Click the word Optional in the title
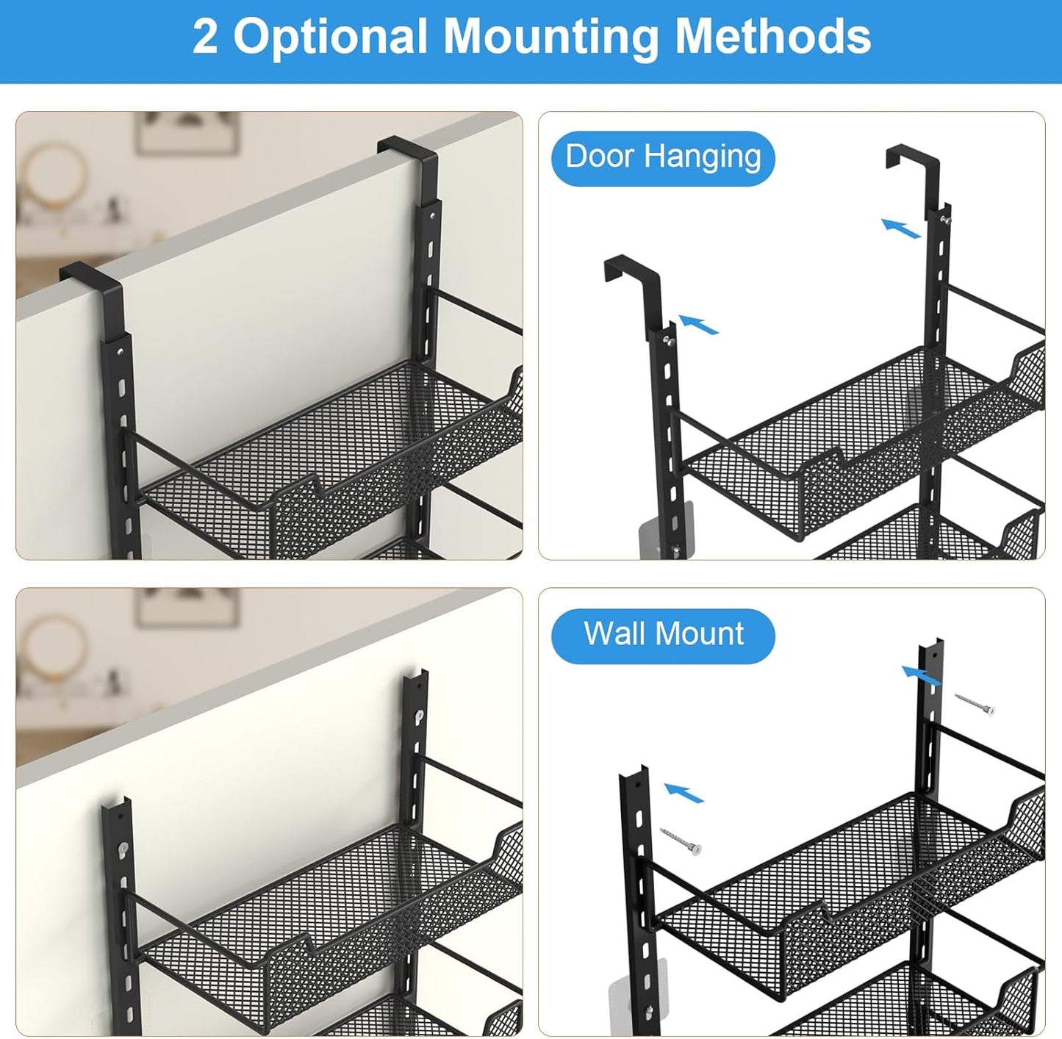[331, 37]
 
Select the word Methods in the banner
[772, 36]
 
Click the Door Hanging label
[663, 158]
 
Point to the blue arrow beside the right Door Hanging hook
[901, 228]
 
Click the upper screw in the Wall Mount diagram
[975, 703]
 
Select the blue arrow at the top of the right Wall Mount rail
[921, 675]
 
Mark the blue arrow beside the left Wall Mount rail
[684, 793]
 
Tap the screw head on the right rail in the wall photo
[419, 716]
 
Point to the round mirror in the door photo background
[54, 173]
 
